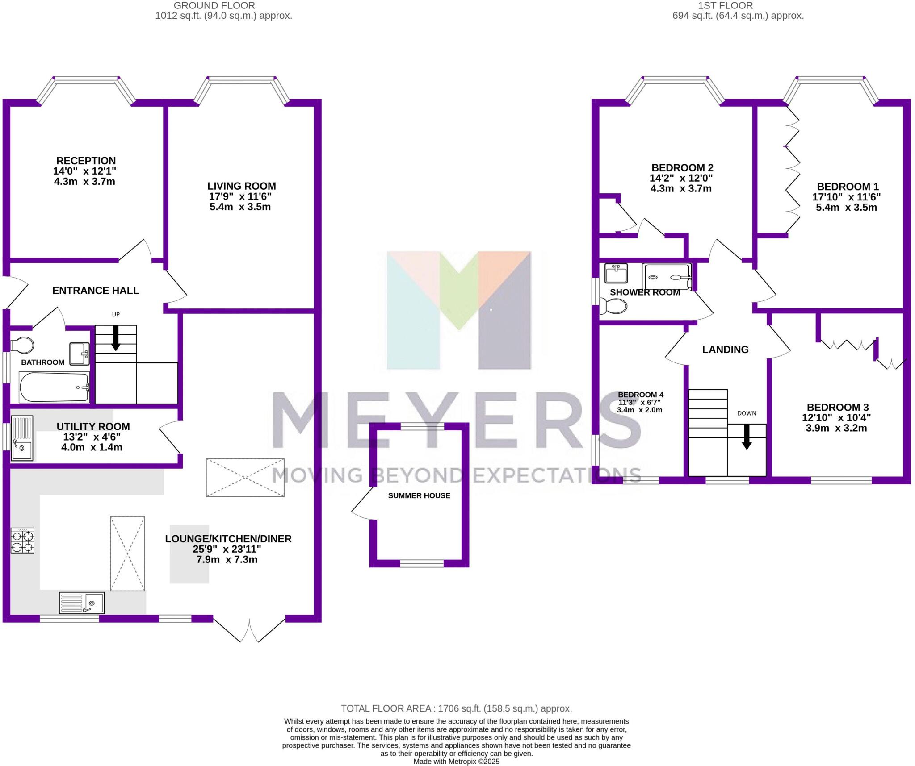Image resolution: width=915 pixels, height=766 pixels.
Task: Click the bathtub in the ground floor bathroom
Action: tap(54, 387)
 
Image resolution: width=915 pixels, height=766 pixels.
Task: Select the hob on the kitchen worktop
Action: tap(22, 540)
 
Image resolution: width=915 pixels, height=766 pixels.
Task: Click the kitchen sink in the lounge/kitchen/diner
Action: tap(82, 603)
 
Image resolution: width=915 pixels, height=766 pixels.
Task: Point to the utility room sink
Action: tap(22, 438)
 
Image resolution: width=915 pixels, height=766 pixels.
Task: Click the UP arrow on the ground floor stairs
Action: tap(116, 338)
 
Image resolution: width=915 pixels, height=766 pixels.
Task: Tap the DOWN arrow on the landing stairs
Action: tap(747, 437)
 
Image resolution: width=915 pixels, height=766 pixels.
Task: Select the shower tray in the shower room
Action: tap(666, 277)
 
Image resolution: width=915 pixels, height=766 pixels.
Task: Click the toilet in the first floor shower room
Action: tap(613, 307)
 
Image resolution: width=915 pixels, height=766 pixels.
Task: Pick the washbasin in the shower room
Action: tap(616, 273)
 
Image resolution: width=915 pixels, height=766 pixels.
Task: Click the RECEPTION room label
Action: tap(86, 161)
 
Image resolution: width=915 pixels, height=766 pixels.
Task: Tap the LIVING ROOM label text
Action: tap(241, 186)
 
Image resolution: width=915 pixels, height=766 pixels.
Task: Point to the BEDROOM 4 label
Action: tap(640, 395)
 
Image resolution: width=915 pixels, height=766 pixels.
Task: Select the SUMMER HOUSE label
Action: tap(419, 495)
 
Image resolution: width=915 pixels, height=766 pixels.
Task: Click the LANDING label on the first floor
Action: tap(725, 350)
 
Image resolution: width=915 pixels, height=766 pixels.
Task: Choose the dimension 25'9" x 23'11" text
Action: tap(227, 549)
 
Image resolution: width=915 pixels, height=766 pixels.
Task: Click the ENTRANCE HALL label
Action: tap(96, 291)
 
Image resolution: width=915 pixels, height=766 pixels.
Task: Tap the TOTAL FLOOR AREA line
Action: tap(456, 708)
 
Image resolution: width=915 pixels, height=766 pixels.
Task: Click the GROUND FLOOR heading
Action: tap(214, 6)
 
